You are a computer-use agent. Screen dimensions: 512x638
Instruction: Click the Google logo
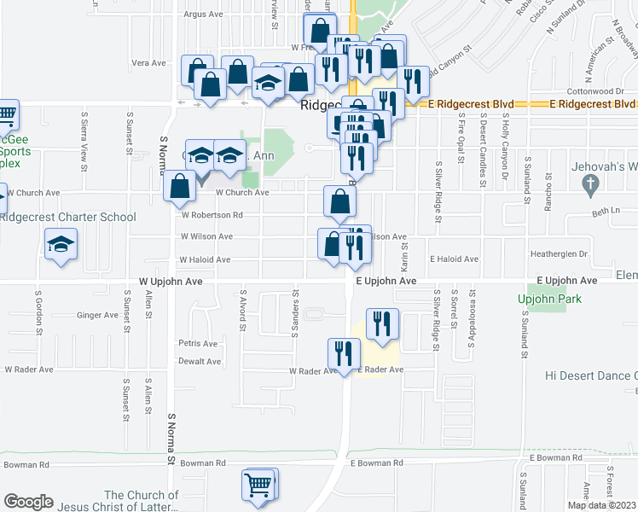click(x=28, y=502)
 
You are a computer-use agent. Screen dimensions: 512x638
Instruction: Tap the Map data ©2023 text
click(x=601, y=505)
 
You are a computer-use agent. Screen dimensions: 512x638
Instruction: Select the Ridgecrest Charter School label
click(x=68, y=217)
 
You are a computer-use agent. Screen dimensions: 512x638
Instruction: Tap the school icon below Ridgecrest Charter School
click(x=61, y=246)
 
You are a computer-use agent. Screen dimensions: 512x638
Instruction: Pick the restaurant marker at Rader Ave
click(x=344, y=352)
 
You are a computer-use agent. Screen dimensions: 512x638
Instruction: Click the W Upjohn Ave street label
click(x=170, y=280)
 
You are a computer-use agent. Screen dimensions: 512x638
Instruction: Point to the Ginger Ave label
click(x=97, y=315)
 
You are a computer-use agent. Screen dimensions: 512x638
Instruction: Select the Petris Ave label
click(x=199, y=343)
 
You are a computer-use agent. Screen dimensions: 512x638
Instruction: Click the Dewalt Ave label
click(x=200, y=361)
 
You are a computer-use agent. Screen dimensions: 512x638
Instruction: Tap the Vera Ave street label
click(x=148, y=63)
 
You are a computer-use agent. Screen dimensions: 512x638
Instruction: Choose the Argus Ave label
click(x=203, y=15)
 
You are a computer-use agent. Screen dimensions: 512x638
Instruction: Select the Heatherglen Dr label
click(x=560, y=253)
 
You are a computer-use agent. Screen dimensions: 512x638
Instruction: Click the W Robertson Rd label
click(x=211, y=215)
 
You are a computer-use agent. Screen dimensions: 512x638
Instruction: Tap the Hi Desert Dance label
click(x=592, y=375)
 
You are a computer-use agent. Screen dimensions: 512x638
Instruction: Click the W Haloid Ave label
click(x=205, y=259)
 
